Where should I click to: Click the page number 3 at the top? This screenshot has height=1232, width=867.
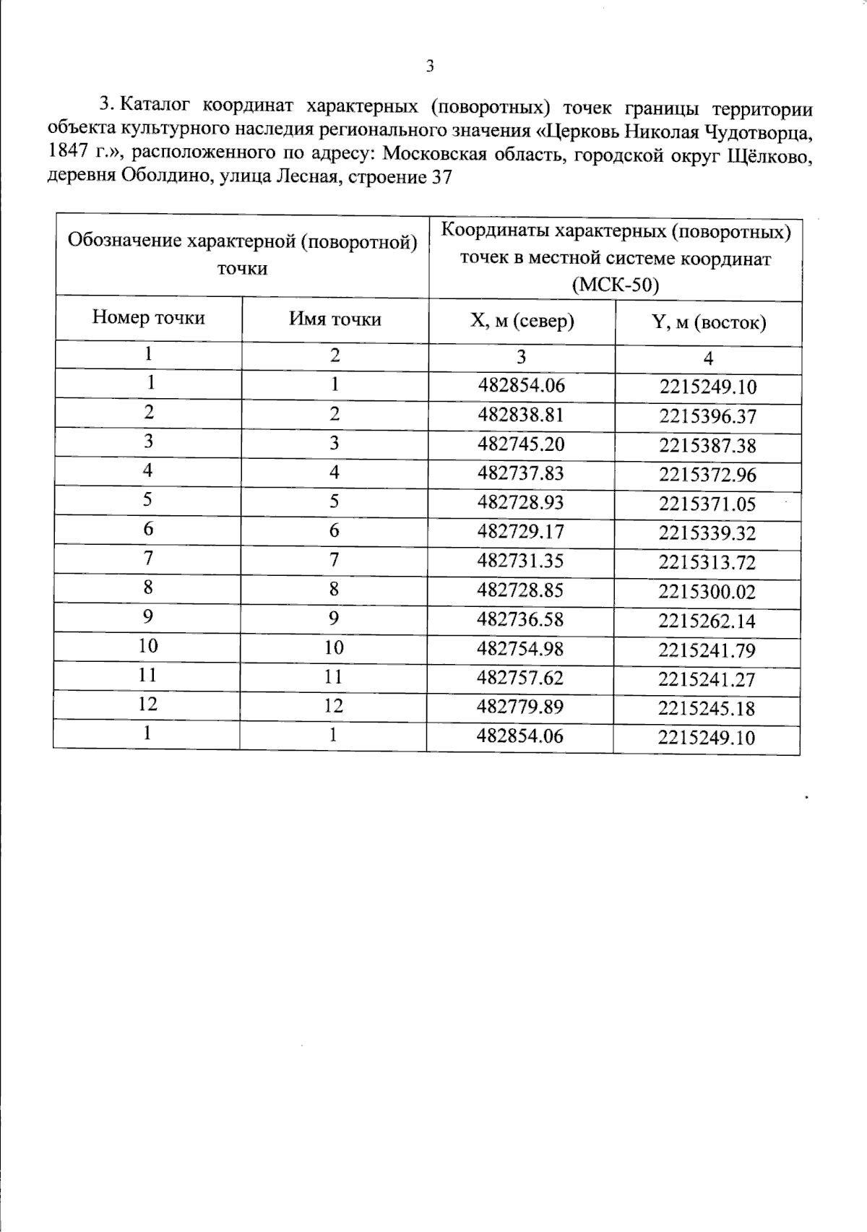[x=430, y=67]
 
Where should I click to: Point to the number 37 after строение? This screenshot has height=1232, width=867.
[x=441, y=177]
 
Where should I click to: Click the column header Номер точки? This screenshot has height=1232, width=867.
[x=148, y=318]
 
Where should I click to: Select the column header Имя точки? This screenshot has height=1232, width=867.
[x=335, y=319]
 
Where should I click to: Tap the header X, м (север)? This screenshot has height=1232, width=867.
[x=522, y=321]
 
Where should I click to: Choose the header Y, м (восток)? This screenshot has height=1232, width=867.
[x=708, y=322]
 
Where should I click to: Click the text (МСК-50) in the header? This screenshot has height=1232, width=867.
[x=616, y=285]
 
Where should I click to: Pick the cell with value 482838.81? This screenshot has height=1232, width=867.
[x=520, y=415]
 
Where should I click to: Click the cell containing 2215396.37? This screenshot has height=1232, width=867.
[x=707, y=417]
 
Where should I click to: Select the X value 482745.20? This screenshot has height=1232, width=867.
[x=520, y=444]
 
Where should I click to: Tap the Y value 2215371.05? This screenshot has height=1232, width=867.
[x=707, y=504]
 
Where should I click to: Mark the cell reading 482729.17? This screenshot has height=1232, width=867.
[x=520, y=532]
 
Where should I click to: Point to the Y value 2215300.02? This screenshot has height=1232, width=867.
[x=707, y=593]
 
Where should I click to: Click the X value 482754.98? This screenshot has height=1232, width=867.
[x=520, y=649]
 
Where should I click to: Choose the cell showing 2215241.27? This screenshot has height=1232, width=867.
[x=707, y=680]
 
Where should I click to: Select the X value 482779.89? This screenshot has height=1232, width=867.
[x=520, y=707]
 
